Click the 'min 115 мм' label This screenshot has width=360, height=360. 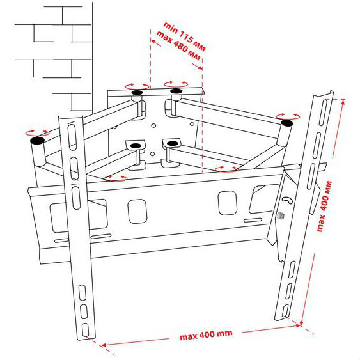tap(184, 36)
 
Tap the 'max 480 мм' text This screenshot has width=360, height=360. tap(178, 45)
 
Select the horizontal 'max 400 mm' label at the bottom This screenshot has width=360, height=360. tap(206, 335)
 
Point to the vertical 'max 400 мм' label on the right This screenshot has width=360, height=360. tap(324, 206)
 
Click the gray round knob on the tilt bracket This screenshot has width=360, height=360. tap(280, 215)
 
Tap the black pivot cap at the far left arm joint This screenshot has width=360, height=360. tap(37, 140)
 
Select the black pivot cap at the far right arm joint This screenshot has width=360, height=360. tap(287, 123)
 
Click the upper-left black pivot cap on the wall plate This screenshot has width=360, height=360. tap(137, 92)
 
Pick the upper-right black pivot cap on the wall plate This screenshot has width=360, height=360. tap(176, 91)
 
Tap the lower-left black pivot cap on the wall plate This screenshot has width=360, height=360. tap(136, 146)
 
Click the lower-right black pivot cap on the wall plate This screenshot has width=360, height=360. tap(173, 143)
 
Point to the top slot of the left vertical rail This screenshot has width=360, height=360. tap(72, 137)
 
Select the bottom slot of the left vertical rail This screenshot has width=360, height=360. tap(85, 329)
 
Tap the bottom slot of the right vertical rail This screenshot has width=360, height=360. tap(285, 311)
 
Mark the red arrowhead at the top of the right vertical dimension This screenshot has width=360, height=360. tap(343, 102)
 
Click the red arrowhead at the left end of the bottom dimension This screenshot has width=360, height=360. tap(103, 345)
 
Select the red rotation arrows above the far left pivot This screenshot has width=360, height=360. tap(37, 133)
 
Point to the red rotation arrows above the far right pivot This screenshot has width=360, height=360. tap(288, 116)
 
